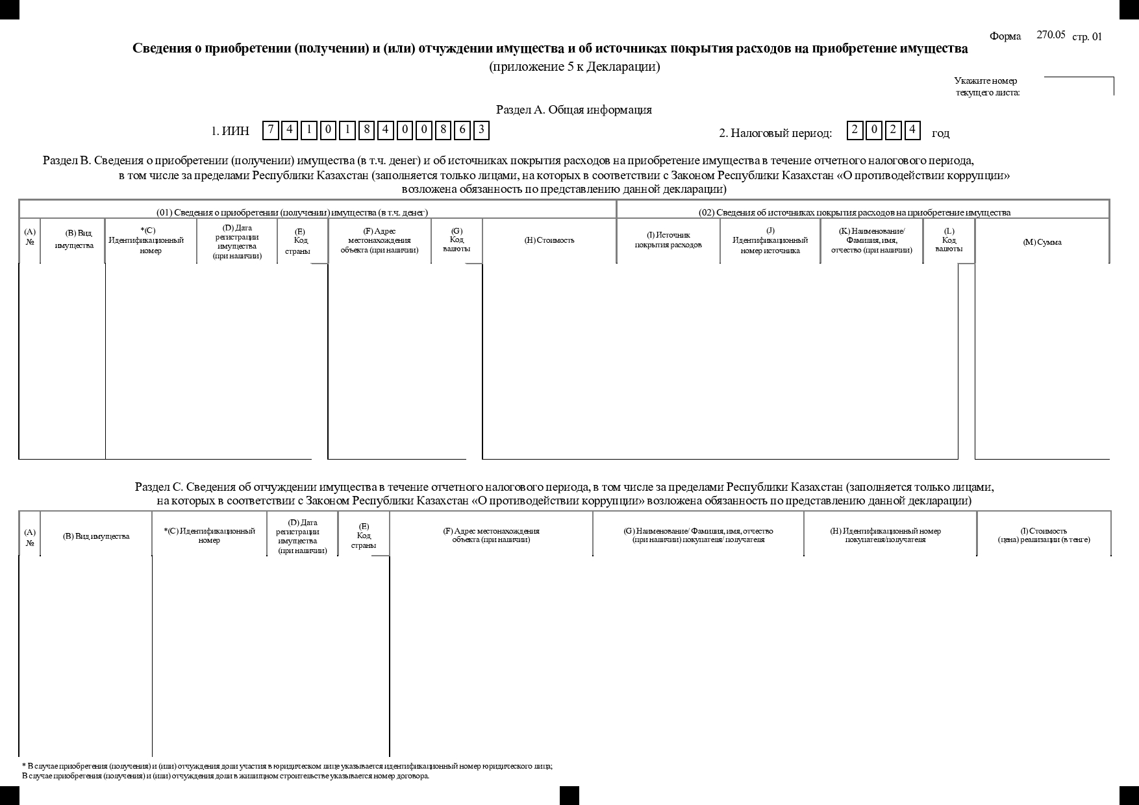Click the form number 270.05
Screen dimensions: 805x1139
click(x=1051, y=35)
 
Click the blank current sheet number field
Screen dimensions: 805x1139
click(x=1078, y=86)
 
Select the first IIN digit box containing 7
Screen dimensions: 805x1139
click(x=271, y=130)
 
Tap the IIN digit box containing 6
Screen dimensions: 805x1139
click(x=462, y=130)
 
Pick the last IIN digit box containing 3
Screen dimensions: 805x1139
click(x=481, y=130)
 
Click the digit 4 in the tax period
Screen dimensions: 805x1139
click(x=912, y=130)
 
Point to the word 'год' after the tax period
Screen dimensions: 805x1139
click(x=940, y=134)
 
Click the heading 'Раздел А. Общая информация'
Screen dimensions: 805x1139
click(x=573, y=110)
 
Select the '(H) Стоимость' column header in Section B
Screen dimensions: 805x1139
click(x=549, y=240)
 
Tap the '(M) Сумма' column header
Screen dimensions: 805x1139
click(x=1042, y=242)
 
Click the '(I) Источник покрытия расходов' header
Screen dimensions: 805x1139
click(x=668, y=240)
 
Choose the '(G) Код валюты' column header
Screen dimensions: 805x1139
click(x=457, y=240)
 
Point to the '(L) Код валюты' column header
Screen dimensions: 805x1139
click(x=949, y=240)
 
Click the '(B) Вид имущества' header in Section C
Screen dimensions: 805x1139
click(x=96, y=536)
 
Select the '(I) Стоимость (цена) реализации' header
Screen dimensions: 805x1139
click(x=1044, y=535)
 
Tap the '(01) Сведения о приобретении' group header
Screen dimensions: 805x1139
click(x=292, y=212)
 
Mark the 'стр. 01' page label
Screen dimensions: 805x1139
click(x=1087, y=36)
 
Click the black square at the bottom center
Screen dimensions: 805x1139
click(x=569, y=795)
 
